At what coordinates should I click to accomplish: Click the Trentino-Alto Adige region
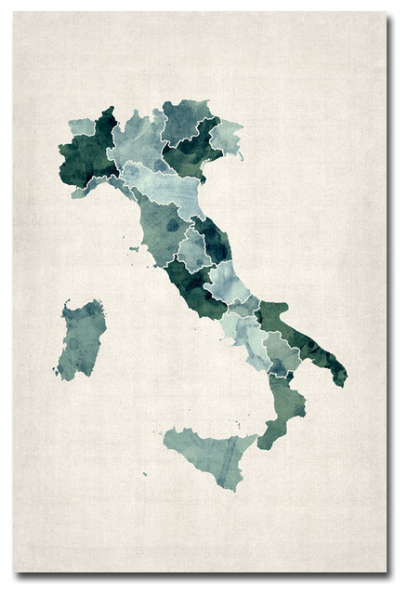183,119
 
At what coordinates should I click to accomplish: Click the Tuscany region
164,229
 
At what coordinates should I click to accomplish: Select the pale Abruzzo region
227,279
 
